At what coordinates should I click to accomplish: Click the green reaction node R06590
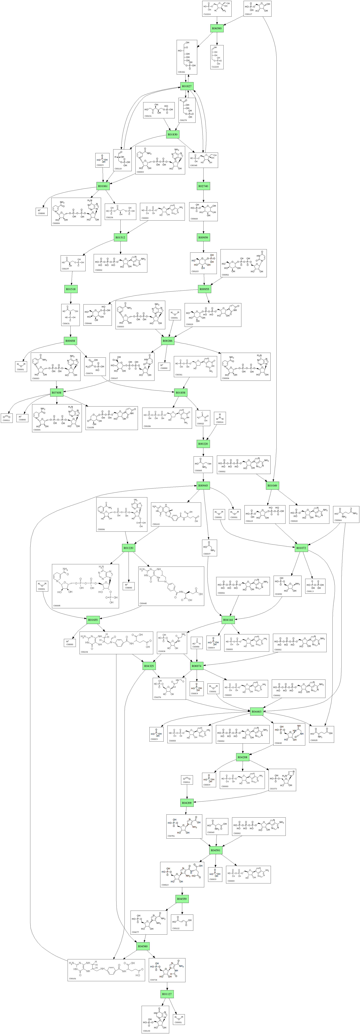pos(217,29)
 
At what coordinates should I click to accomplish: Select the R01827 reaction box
pos(187,86)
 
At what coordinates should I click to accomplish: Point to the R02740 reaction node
pos(204,186)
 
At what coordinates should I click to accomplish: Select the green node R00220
pos(203,444)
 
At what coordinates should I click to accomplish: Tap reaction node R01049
pos(272,486)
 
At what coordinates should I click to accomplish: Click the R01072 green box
pos(301,548)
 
